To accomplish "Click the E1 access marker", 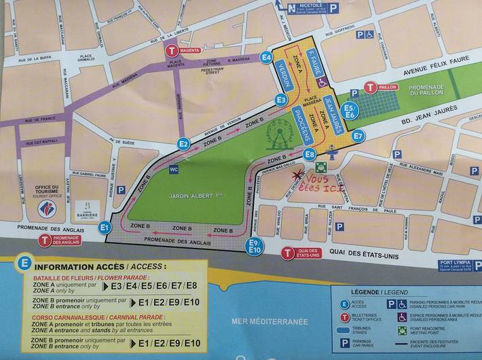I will [x=105, y=228].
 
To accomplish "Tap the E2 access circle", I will [x=183, y=143].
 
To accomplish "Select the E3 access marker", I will [x=281, y=100].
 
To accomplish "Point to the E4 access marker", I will [x=266, y=57].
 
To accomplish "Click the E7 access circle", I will [x=358, y=136].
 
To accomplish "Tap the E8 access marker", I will [x=310, y=154].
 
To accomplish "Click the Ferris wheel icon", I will [x=278, y=134].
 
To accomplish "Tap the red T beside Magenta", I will [x=172, y=50].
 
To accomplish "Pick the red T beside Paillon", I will [x=370, y=88].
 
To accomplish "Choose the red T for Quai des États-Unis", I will [x=288, y=253].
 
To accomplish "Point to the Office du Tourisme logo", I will [x=47, y=208].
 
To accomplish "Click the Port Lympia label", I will [x=455, y=263].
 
